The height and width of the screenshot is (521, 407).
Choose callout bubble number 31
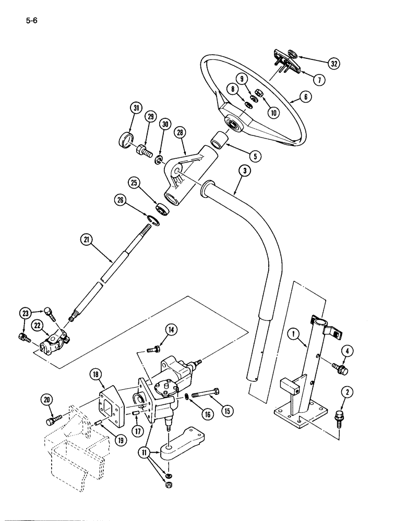click(136, 108)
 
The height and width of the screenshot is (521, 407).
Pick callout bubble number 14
click(171, 329)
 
